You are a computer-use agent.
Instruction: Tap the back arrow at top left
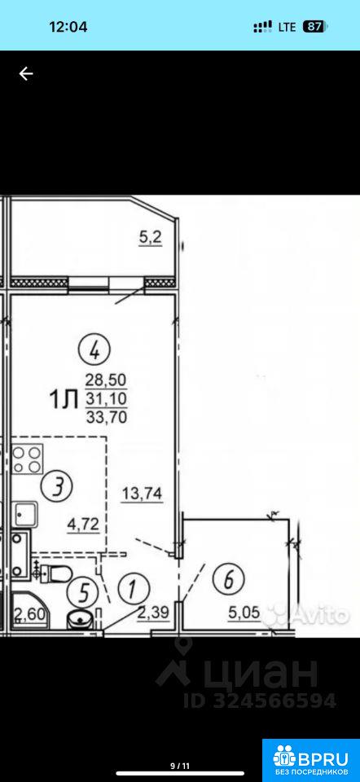point(26,74)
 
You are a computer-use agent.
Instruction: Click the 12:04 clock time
point(68,26)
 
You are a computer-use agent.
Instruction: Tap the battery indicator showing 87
point(314,26)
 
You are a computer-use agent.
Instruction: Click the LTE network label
point(288,27)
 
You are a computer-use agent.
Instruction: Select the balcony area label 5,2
point(150,239)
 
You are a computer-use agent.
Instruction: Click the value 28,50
point(106,381)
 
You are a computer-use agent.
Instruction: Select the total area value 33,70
point(106,416)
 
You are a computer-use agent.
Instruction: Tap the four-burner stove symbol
point(27,459)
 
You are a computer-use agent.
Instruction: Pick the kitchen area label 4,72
point(83,524)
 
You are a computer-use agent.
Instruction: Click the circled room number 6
point(228,580)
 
